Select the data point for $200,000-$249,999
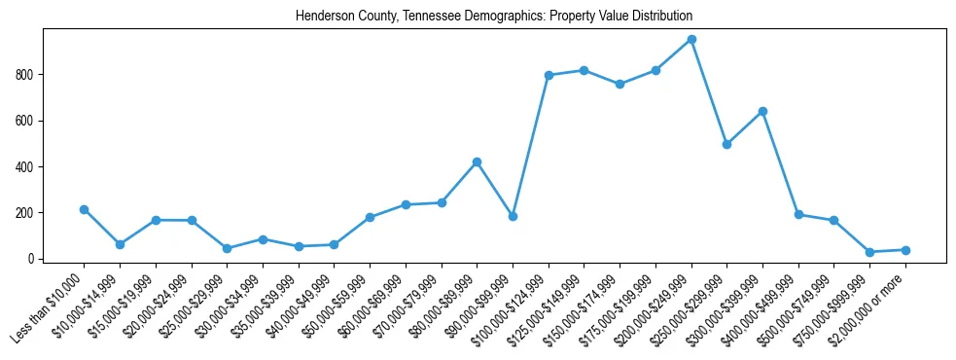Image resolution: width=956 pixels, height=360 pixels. (x=691, y=40)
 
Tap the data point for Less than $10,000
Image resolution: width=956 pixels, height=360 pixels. (x=84, y=209)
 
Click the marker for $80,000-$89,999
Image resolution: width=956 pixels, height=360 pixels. (x=477, y=162)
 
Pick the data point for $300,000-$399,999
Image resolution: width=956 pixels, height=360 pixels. (x=762, y=111)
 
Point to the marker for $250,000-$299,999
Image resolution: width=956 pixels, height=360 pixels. (x=726, y=144)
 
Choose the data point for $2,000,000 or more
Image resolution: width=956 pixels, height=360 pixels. (x=905, y=250)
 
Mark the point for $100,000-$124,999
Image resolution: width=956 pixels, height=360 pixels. (x=549, y=75)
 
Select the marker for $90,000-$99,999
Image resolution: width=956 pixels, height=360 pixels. (x=513, y=216)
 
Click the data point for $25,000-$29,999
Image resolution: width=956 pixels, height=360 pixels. (x=227, y=248)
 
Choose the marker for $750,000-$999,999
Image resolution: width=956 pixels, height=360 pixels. (x=869, y=252)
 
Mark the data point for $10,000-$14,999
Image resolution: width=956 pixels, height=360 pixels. (x=120, y=244)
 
